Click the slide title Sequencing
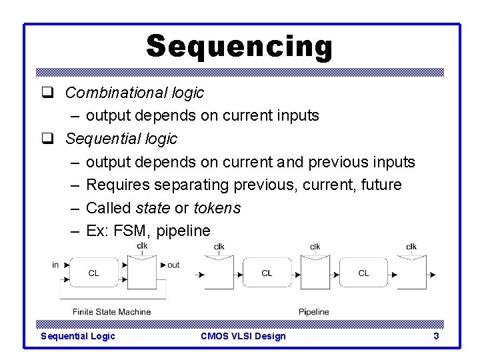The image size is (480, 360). pyautogui.click(x=239, y=47)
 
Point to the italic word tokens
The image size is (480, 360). pyautogui.click(x=217, y=208)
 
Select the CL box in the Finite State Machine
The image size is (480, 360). pyautogui.click(x=94, y=273)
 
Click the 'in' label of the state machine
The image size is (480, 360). pyautogui.click(x=55, y=265)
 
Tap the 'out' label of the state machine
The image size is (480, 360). pyautogui.click(x=173, y=265)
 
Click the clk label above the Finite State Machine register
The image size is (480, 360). pyautogui.click(x=142, y=246)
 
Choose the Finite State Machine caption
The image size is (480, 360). pyautogui.click(x=111, y=311)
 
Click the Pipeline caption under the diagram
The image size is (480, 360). pyautogui.click(x=313, y=311)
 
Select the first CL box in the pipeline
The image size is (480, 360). pyautogui.click(x=267, y=273)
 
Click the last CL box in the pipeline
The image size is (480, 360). pyautogui.click(x=363, y=273)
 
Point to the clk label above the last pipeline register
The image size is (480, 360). pyautogui.click(x=411, y=247)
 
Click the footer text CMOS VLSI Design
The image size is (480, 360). pyautogui.click(x=243, y=336)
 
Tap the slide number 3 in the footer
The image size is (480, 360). pyautogui.click(x=436, y=336)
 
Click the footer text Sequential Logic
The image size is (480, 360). pyautogui.click(x=78, y=336)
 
